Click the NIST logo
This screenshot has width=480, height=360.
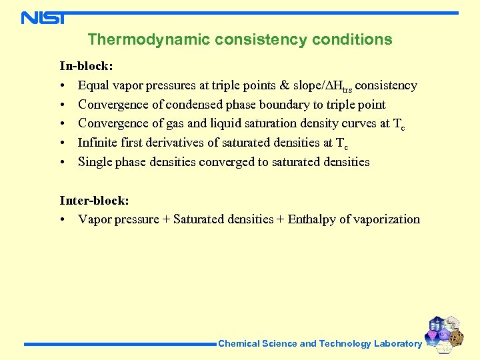tap(43, 17)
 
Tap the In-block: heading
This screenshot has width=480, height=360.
tap(86, 66)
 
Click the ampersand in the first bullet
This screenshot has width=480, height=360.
tap(285, 85)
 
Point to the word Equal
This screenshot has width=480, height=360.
tap(94, 85)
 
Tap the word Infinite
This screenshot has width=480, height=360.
tap(97, 143)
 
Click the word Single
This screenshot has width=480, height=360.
tap(95, 162)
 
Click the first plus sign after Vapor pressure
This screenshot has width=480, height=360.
tap(166, 219)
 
